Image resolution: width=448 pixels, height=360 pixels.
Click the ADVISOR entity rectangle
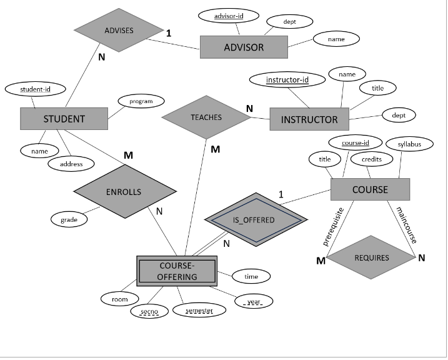244,47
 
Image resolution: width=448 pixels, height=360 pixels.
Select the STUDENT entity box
64,119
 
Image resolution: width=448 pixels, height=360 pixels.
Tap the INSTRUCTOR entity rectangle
309,119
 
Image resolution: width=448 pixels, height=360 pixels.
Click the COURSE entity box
370,189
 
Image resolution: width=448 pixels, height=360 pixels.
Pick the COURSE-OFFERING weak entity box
177,271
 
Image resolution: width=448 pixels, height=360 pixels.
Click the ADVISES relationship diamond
119,30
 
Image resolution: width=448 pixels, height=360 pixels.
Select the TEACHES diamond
206,117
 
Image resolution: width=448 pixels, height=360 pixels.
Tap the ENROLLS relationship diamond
123,192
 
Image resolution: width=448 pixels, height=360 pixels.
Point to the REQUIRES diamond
372,257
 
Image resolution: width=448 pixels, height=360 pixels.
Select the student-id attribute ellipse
35,89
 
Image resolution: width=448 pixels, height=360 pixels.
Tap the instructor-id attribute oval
287,80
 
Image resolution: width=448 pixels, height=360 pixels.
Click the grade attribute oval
69,220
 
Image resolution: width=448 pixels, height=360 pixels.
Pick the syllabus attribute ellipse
410,144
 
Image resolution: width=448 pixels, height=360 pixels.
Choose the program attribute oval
141,101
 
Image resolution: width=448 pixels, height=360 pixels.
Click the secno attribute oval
149,311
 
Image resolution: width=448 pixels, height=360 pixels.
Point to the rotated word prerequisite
333,226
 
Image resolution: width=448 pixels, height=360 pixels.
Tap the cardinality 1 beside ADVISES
169,32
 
